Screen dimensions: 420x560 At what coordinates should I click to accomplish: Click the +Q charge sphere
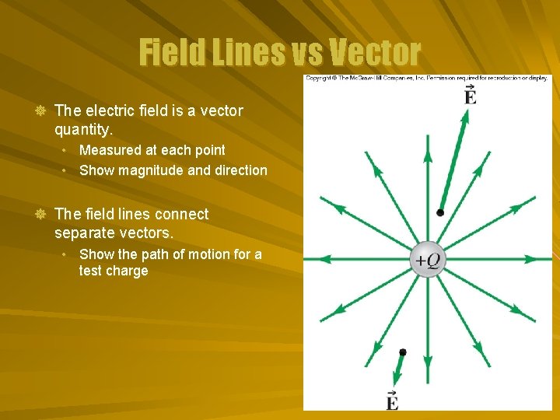[x=427, y=260]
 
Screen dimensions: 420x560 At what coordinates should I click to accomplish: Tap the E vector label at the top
[x=470, y=96]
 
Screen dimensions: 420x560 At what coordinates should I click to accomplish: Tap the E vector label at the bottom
[x=392, y=400]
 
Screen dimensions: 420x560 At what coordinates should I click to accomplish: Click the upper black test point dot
[x=440, y=212]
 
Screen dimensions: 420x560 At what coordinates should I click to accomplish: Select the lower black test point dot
[x=402, y=352]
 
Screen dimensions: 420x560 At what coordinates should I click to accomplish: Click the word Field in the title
[x=170, y=53]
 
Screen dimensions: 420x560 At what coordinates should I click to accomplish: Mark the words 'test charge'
[x=114, y=271]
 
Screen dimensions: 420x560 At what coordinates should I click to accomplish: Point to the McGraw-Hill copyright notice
[x=427, y=78]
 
